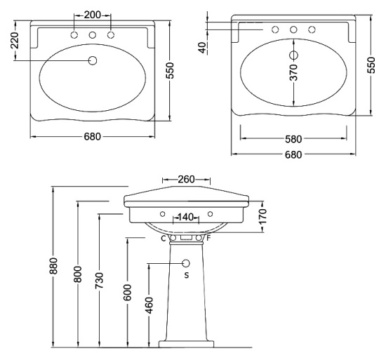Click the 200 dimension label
coord(93,15)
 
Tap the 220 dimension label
coord(15,41)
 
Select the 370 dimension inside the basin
coord(293,72)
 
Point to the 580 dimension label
coord(293,139)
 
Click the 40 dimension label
coord(203,48)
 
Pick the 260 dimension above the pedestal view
coord(186,180)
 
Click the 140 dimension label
coord(185,217)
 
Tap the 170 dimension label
coord(262,215)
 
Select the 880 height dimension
coord(53,266)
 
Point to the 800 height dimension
coord(78,274)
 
